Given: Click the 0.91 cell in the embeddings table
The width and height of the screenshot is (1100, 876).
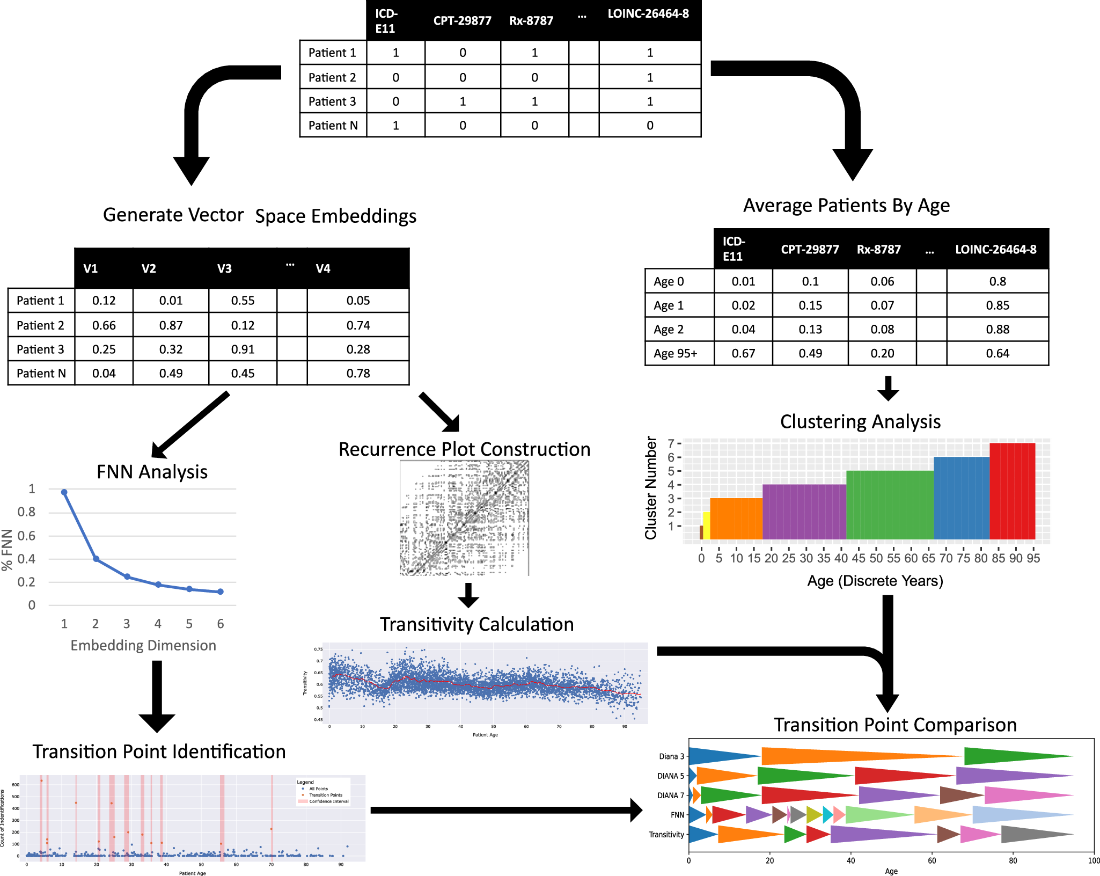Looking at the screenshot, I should click(x=243, y=349).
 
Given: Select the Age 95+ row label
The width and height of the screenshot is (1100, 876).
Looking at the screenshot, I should click(x=675, y=354).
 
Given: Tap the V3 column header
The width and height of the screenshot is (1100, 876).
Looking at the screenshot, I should click(x=224, y=268).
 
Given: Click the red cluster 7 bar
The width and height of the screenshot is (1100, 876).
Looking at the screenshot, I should click(x=1012, y=491).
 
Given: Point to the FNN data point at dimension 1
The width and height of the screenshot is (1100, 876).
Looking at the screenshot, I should click(x=64, y=492).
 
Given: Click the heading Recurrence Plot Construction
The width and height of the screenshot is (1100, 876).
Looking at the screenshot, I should click(x=464, y=449).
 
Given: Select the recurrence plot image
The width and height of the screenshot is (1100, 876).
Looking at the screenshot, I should click(x=464, y=518).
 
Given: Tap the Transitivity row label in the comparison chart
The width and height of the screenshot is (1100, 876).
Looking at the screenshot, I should click(x=666, y=835).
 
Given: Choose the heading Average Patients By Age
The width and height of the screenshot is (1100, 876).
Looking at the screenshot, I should click(x=846, y=206).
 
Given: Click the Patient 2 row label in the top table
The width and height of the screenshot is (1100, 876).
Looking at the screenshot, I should click(x=332, y=77).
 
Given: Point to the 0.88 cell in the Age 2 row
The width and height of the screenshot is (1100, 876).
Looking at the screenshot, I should click(x=997, y=330).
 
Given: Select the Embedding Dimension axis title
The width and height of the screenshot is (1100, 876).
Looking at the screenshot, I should click(x=143, y=645).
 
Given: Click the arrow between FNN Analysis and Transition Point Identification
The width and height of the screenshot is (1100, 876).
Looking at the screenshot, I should click(x=157, y=695).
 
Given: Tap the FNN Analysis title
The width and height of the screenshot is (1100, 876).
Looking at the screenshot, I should click(x=152, y=472).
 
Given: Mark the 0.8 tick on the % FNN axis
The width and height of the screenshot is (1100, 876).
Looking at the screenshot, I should click(x=26, y=512).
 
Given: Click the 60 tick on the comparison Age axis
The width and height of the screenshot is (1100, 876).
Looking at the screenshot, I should click(x=932, y=861).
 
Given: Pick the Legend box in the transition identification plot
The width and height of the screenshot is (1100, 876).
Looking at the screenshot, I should click(x=323, y=792).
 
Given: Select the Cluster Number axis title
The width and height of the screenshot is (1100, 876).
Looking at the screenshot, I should click(x=651, y=487).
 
